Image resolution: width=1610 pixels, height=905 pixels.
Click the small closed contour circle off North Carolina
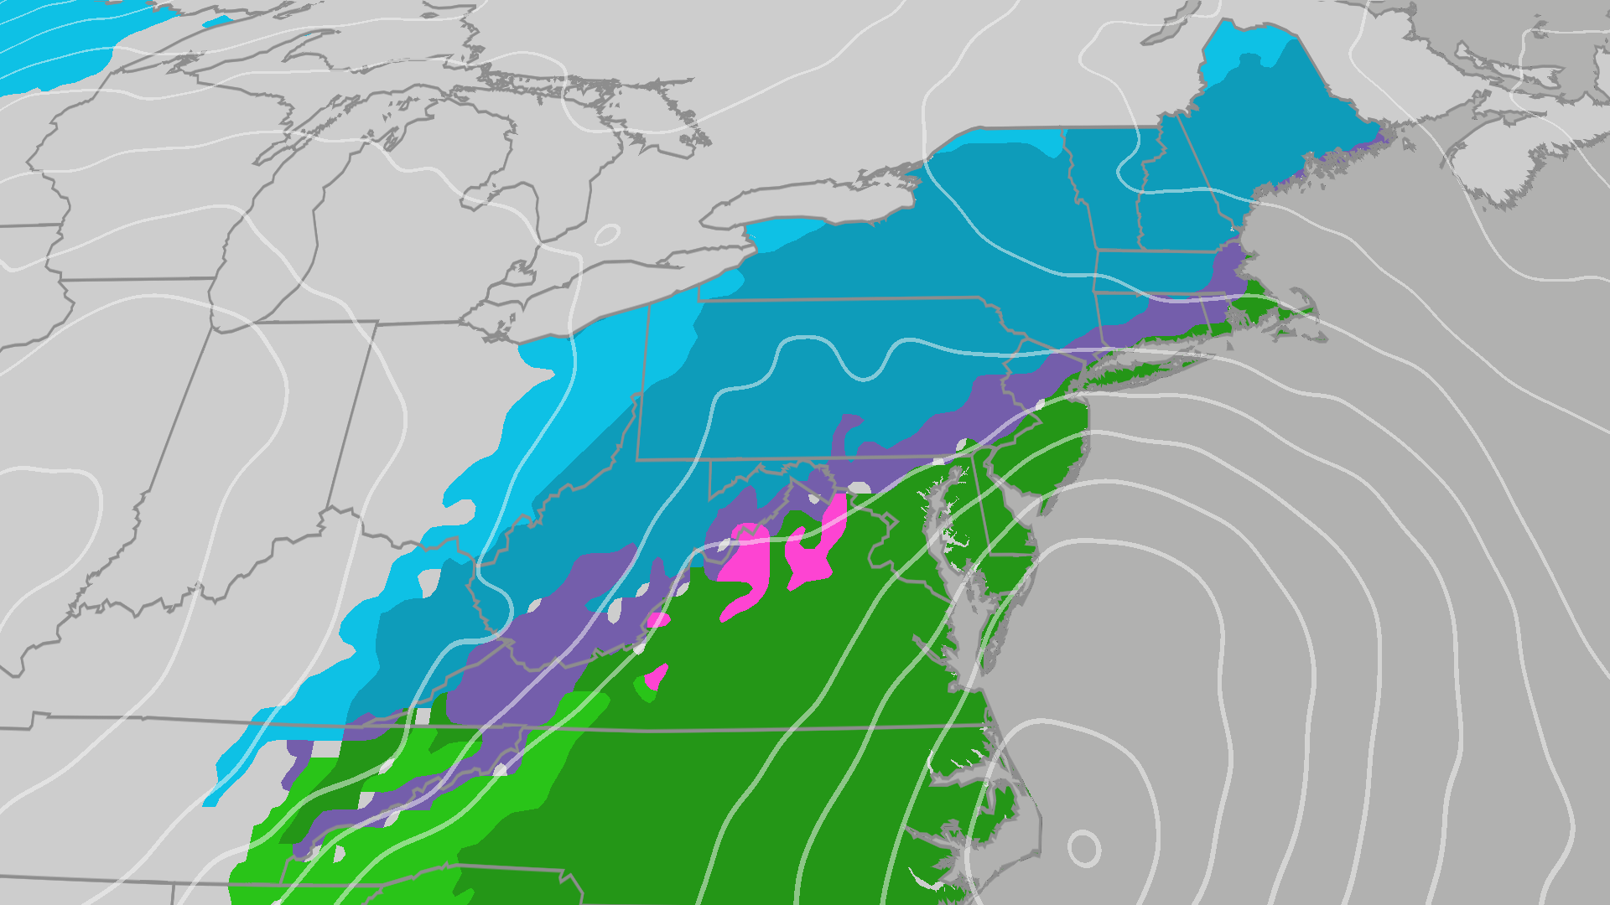[x=1083, y=848]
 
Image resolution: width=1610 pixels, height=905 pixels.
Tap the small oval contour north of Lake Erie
[x=607, y=235]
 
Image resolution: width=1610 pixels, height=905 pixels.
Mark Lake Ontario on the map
[x=805, y=201]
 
